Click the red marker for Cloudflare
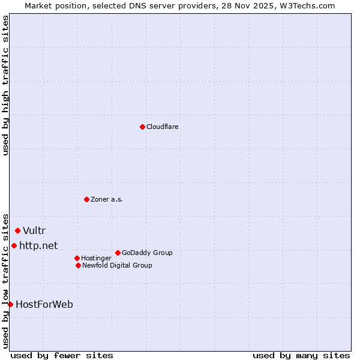pos(142,127)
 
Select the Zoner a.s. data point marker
pos(86,199)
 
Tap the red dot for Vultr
pos(17,230)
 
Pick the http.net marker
pos(14,245)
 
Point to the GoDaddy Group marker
pos(118,253)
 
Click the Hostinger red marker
pos(77,258)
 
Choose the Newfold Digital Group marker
pos(78,265)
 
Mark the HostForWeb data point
pos(10,304)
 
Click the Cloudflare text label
pos(162,127)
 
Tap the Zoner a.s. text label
pos(107,199)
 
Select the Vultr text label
pos(34,231)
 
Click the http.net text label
pos(38,245)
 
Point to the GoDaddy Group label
pos(147,253)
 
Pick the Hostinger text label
pos(96,258)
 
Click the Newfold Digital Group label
pos(117,265)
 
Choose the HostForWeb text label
pos(44,305)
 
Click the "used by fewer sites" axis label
pos(62,355)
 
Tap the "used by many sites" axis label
pos(301,355)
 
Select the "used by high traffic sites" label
pos(5,85)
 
